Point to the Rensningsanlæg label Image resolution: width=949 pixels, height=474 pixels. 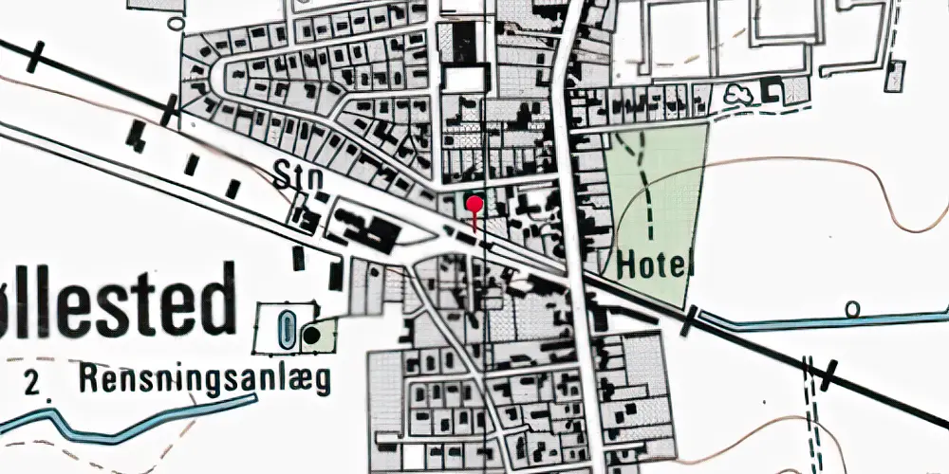(205, 381)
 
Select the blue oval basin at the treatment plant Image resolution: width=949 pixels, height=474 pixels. (287, 330)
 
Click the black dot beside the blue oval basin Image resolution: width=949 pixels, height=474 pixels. (310, 334)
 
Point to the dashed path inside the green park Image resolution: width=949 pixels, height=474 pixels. (648, 199)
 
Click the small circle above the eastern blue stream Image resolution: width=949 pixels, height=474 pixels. (852, 307)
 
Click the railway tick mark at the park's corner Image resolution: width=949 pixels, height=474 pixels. (690, 319)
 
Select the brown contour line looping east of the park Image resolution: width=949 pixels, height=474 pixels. (892, 190)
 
